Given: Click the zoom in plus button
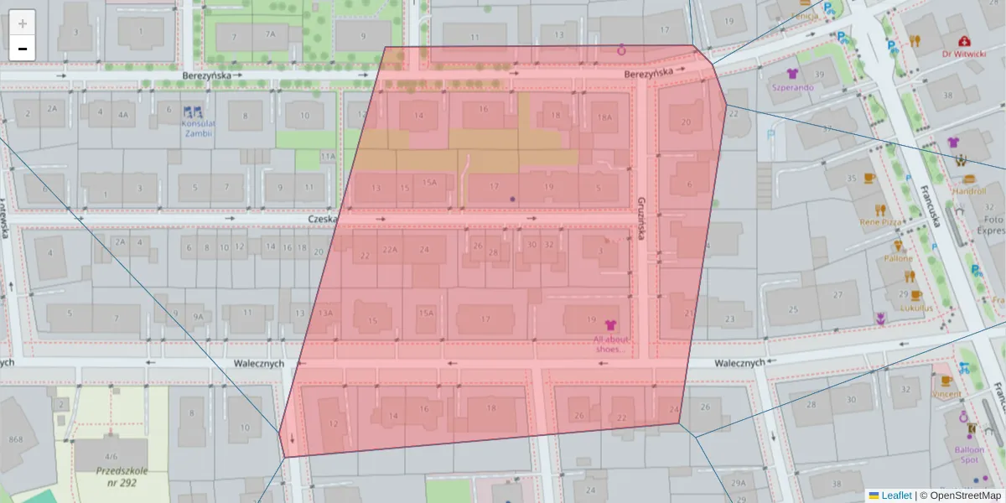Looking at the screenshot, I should tap(23, 23).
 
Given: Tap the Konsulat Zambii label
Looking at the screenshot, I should tap(198, 127).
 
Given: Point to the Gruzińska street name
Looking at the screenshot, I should tap(640, 220).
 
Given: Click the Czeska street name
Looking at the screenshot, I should tap(321, 218).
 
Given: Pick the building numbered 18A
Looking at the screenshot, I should tap(604, 118).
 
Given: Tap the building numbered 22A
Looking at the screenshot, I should tap(390, 250).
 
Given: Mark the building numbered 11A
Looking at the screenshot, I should tap(328, 156).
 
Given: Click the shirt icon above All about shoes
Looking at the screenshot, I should tap(609, 324).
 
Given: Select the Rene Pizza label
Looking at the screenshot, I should tap(879, 223).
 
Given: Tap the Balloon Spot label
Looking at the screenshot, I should tap(969, 454).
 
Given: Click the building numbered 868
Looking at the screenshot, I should tap(16, 439).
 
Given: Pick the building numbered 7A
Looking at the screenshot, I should tap(269, 35).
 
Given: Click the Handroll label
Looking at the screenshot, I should tap(969, 190).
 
